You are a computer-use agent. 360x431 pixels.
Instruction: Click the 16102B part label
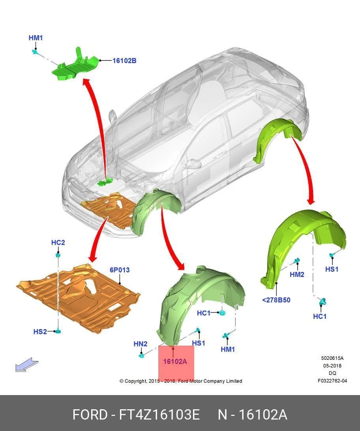[124, 60]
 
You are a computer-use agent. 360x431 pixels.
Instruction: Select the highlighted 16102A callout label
[175, 361]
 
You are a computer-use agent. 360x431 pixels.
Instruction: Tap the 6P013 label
[120, 270]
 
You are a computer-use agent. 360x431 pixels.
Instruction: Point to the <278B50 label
[276, 300]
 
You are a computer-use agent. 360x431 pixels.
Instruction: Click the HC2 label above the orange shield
[58, 243]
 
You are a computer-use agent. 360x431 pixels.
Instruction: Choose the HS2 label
[40, 331]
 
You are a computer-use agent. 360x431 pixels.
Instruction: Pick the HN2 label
[140, 344]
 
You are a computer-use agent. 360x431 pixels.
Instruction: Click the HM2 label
[297, 274]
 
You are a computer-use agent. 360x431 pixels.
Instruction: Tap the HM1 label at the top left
[36, 38]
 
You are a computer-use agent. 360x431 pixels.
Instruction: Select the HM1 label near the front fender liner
[228, 349]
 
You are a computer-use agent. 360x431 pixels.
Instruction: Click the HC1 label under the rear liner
[320, 316]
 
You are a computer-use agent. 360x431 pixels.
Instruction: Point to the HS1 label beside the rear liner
[332, 269]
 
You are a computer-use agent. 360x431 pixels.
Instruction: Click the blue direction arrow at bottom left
[26, 365]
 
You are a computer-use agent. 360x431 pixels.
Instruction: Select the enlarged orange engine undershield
[78, 298]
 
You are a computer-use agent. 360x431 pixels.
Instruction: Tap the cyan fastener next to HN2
[142, 356]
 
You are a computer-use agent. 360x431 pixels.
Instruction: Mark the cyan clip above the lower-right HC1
[322, 302]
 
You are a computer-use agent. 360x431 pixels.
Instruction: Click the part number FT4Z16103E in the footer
[159, 414]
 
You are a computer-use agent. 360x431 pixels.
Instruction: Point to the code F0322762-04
[332, 381]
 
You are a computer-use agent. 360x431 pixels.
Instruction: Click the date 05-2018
[332, 366]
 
